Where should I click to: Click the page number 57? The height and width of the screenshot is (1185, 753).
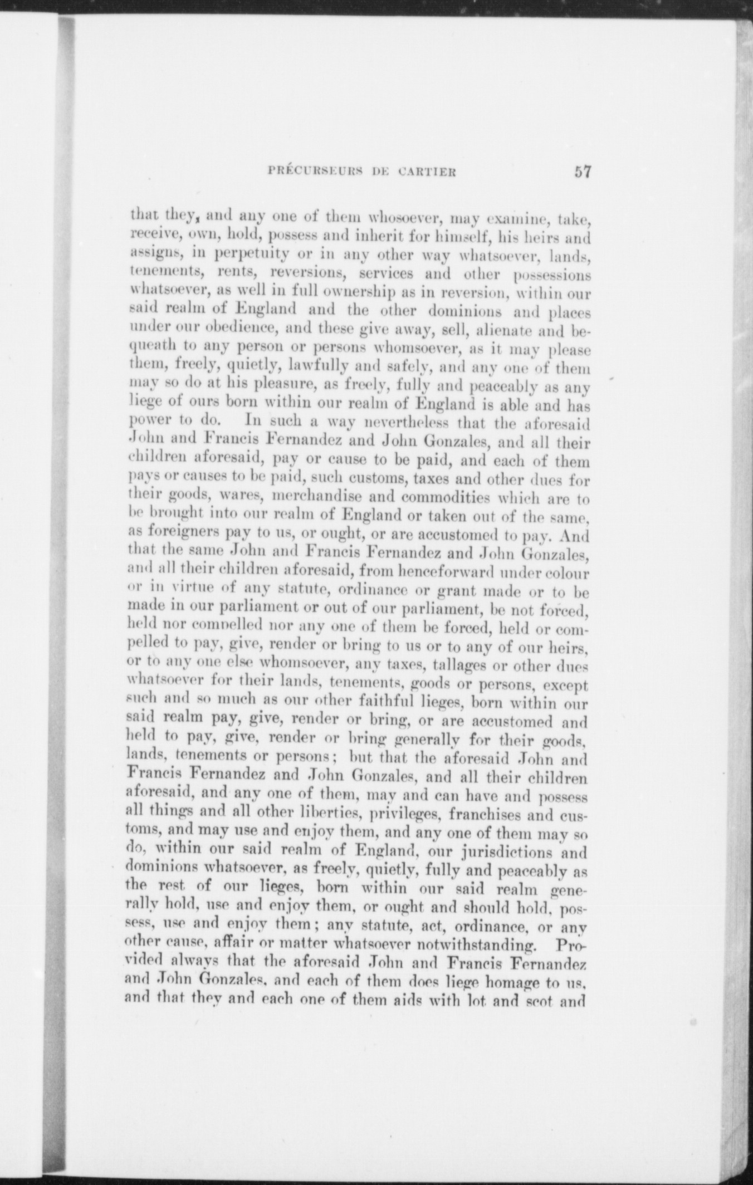pos(582,172)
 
